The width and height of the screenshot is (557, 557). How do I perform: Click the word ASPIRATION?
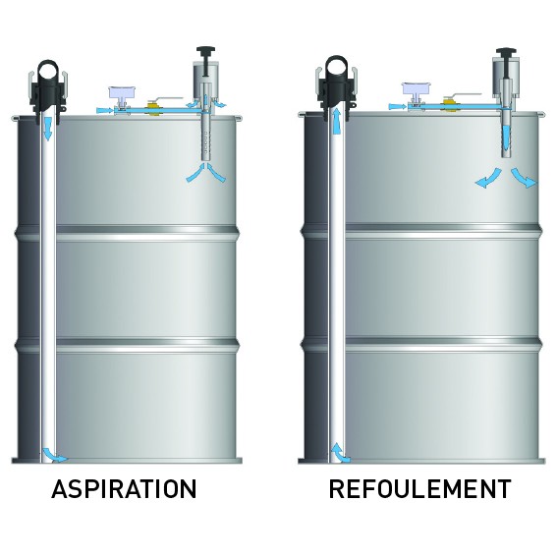(x=124, y=489)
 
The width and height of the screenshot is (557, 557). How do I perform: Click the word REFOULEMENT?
(x=419, y=489)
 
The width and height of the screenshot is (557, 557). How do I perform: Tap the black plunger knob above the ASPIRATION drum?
(x=205, y=51)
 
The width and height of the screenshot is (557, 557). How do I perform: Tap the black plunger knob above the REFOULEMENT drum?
(x=506, y=52)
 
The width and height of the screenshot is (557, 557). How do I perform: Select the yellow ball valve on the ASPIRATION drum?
(x=153, y=109)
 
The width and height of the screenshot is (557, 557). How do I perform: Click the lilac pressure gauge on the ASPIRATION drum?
(x=122, y=92)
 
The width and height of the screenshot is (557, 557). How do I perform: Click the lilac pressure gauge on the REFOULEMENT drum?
(x=416, y=88)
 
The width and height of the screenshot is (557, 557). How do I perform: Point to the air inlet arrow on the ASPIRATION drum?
(x=105, y=110)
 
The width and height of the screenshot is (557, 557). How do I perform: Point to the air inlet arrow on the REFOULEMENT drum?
(x=398, y=106)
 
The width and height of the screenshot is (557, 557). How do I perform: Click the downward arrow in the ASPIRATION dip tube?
(x=47, y=129)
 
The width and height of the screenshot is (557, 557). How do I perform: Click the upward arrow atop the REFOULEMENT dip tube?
(x=337, y=121)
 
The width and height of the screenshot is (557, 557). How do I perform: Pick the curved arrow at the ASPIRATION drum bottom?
(x=53, y=456)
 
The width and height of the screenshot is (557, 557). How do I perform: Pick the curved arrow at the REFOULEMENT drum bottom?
(x=339, y=453)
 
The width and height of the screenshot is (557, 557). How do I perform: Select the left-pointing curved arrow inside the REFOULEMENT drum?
(x=488, y=180)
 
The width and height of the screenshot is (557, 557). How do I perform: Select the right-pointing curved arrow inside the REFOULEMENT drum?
(x=525, y=179)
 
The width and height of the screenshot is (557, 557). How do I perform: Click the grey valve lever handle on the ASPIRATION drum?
(x=170, y=98)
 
